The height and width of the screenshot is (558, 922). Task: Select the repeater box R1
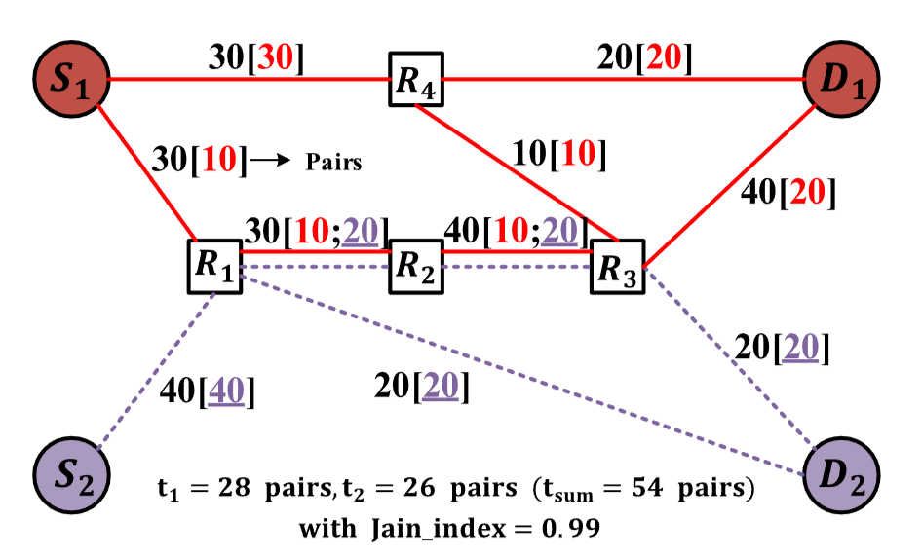213,265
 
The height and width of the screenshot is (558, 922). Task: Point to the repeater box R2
416,265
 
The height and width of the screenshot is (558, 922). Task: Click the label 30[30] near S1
256,58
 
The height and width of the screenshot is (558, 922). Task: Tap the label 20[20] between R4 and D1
643,58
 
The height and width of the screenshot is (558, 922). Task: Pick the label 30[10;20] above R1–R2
316,231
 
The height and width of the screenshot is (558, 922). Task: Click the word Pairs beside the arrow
333,161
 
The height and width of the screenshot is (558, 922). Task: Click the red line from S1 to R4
244,80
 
